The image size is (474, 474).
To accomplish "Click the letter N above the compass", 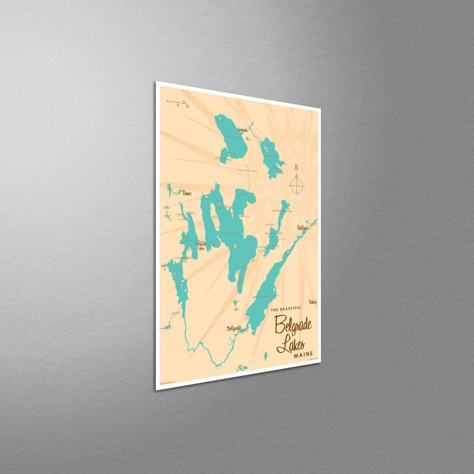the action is point(297,167).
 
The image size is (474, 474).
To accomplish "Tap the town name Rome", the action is point(187,193).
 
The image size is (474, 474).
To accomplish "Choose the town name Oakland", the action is point(302,227).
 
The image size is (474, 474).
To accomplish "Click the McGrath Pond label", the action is point(280,211).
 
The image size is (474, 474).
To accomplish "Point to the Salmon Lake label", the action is point(273,234).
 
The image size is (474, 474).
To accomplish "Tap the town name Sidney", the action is point(312,302).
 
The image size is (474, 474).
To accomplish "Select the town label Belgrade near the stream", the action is point(234,327).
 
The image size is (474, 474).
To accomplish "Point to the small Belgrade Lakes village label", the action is point(201,245).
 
